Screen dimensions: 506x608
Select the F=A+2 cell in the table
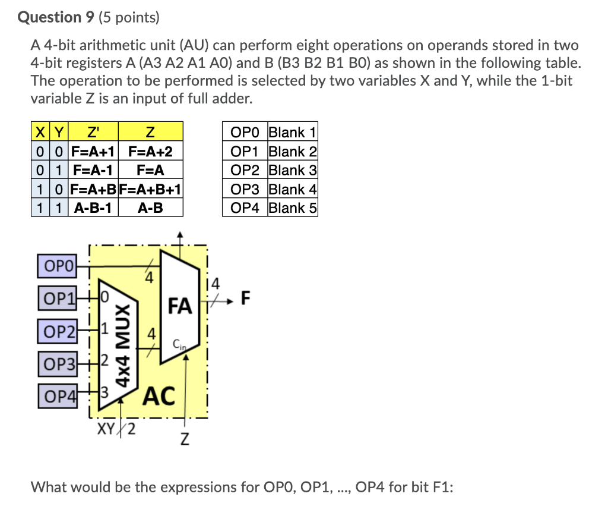(150, 152)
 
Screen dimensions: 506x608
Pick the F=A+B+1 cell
(150, 189)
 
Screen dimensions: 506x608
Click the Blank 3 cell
(292, 170)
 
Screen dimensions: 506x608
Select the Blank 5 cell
(292, 208)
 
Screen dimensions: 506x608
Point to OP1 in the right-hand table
(245, 152)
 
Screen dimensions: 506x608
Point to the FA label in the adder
(180, 306)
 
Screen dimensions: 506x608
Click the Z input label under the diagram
(185, 441)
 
